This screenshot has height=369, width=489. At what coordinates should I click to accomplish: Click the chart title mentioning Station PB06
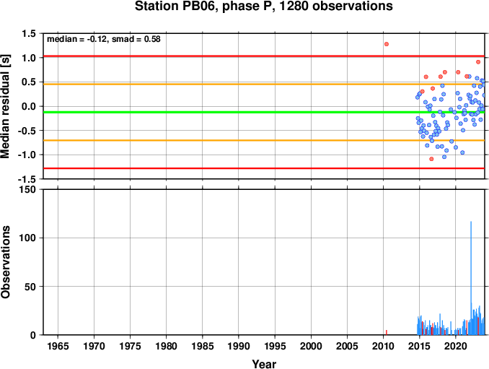click(263, 6)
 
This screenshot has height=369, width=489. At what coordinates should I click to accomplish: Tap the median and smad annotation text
click(104, 39)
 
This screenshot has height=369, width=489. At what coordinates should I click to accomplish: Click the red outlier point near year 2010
click(387, 44)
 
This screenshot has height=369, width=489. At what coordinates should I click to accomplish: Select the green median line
click(264, 112)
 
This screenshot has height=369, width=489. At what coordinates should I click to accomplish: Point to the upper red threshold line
click(264, 56)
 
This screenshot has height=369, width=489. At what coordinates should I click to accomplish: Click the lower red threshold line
click(264, 168)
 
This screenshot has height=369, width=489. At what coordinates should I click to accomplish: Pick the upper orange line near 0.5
click(264, 84)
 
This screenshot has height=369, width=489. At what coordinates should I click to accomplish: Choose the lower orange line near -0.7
click(264, 141)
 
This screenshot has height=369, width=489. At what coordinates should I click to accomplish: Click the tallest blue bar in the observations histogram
click(471, 278)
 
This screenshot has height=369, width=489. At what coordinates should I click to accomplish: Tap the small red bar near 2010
click(387, 332)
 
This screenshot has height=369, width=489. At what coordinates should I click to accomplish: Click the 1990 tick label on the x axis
click(239, 346)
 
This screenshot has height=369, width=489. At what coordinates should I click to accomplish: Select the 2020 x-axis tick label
click(456, 346)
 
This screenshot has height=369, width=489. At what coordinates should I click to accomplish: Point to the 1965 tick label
click(58, 346)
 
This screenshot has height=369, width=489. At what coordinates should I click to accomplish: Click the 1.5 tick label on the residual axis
click(29, 33)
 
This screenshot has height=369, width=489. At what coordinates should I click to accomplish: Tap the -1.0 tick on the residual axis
click(27, 155)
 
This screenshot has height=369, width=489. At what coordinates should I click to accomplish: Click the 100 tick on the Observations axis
click(27, 238)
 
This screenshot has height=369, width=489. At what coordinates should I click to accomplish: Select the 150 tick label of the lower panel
click(27, 189)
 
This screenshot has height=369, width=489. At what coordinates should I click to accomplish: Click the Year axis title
click(264, 364)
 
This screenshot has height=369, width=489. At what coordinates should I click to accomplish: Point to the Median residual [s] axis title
click(5, 106)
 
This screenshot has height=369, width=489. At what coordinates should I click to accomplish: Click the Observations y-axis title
click(5, 262)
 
